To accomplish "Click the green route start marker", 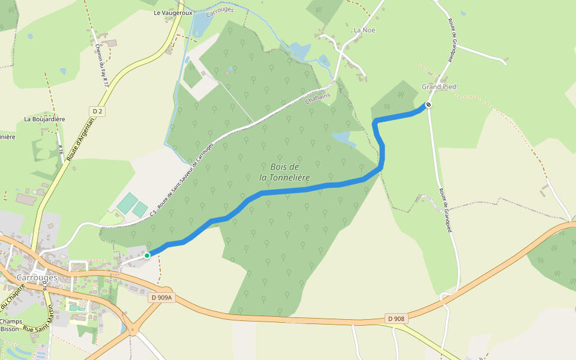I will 147,256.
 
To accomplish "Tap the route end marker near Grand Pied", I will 428,105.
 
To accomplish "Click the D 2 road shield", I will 97,111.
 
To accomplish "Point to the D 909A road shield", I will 161,298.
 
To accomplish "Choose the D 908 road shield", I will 395,319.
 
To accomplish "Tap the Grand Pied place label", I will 439,87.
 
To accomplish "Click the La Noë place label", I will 364,30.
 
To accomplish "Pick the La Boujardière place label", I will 44,119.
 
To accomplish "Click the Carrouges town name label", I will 37,278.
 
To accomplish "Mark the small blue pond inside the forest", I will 344,139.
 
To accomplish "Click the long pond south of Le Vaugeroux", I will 202,24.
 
